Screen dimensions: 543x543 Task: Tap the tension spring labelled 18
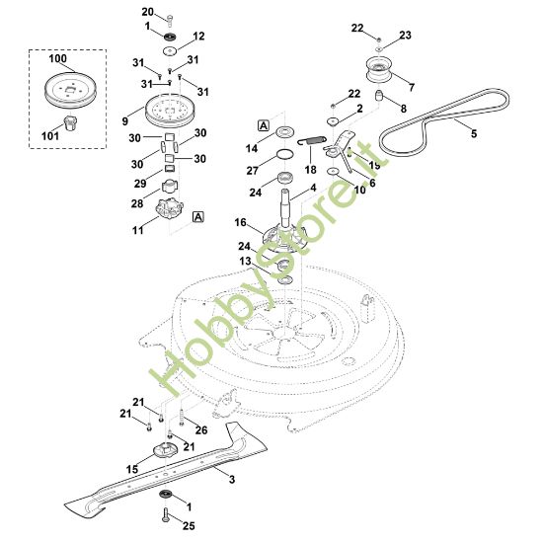click(312, 140)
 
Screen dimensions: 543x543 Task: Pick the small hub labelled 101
click(71, 123)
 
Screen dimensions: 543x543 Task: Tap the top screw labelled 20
click(170, 21)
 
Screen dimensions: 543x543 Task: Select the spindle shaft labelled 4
click(285, 207)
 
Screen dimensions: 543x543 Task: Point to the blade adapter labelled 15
click(166, 450)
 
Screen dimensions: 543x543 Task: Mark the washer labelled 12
click(170, 50)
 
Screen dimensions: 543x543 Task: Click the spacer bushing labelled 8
click(380, 95)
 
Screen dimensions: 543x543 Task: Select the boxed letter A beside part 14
click(264, 125)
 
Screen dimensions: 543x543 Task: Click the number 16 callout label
click(240, 222)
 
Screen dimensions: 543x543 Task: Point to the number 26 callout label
click(201, 430)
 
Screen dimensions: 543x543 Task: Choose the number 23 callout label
click(405, 35)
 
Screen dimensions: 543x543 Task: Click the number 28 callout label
click(137, 203)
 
